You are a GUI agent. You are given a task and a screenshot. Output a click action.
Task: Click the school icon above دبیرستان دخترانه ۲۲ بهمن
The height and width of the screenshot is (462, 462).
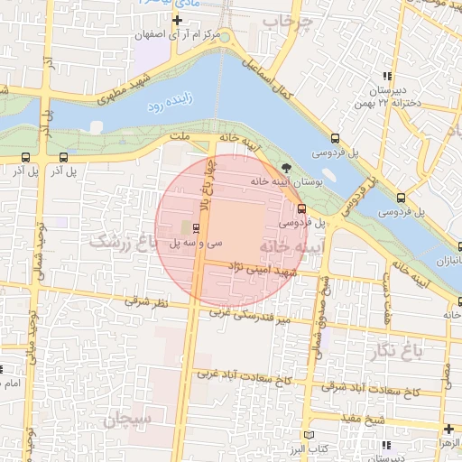[x=387, y=77]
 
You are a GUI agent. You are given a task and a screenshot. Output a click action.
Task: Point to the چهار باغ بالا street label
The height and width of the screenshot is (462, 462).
[x=205, y=181]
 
